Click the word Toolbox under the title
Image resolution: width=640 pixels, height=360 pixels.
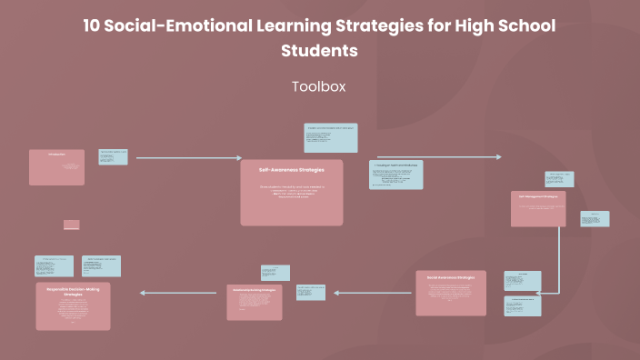coord(319,86)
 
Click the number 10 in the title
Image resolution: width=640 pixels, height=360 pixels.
coord(92,25)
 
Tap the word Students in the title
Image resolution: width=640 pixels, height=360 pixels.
coord(319,51)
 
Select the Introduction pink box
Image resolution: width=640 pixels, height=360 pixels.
coord(56,167)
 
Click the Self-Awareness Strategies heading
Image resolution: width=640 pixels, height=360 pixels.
coord(291,170)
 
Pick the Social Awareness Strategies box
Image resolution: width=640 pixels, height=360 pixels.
coord(451,293)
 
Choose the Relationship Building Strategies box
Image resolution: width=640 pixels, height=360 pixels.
coord(255,302)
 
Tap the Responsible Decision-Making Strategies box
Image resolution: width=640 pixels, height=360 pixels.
coord(73,305)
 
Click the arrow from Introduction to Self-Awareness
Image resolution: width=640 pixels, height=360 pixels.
coord(188,157)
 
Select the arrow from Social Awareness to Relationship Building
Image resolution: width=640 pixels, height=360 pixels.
coord(374,293)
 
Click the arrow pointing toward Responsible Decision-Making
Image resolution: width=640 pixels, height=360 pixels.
coord(181,293)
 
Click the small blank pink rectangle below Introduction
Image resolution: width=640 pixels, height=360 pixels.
coord(72,225)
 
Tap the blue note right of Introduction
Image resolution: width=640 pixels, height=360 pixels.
coord(113,157)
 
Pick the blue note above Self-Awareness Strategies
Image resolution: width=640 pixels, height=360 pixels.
coord(331,138)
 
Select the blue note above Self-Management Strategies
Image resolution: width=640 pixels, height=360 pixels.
coord(559,179)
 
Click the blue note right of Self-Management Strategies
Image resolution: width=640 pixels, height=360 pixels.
coord(595,219)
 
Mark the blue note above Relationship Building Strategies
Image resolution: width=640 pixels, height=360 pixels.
coord(275,273)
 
